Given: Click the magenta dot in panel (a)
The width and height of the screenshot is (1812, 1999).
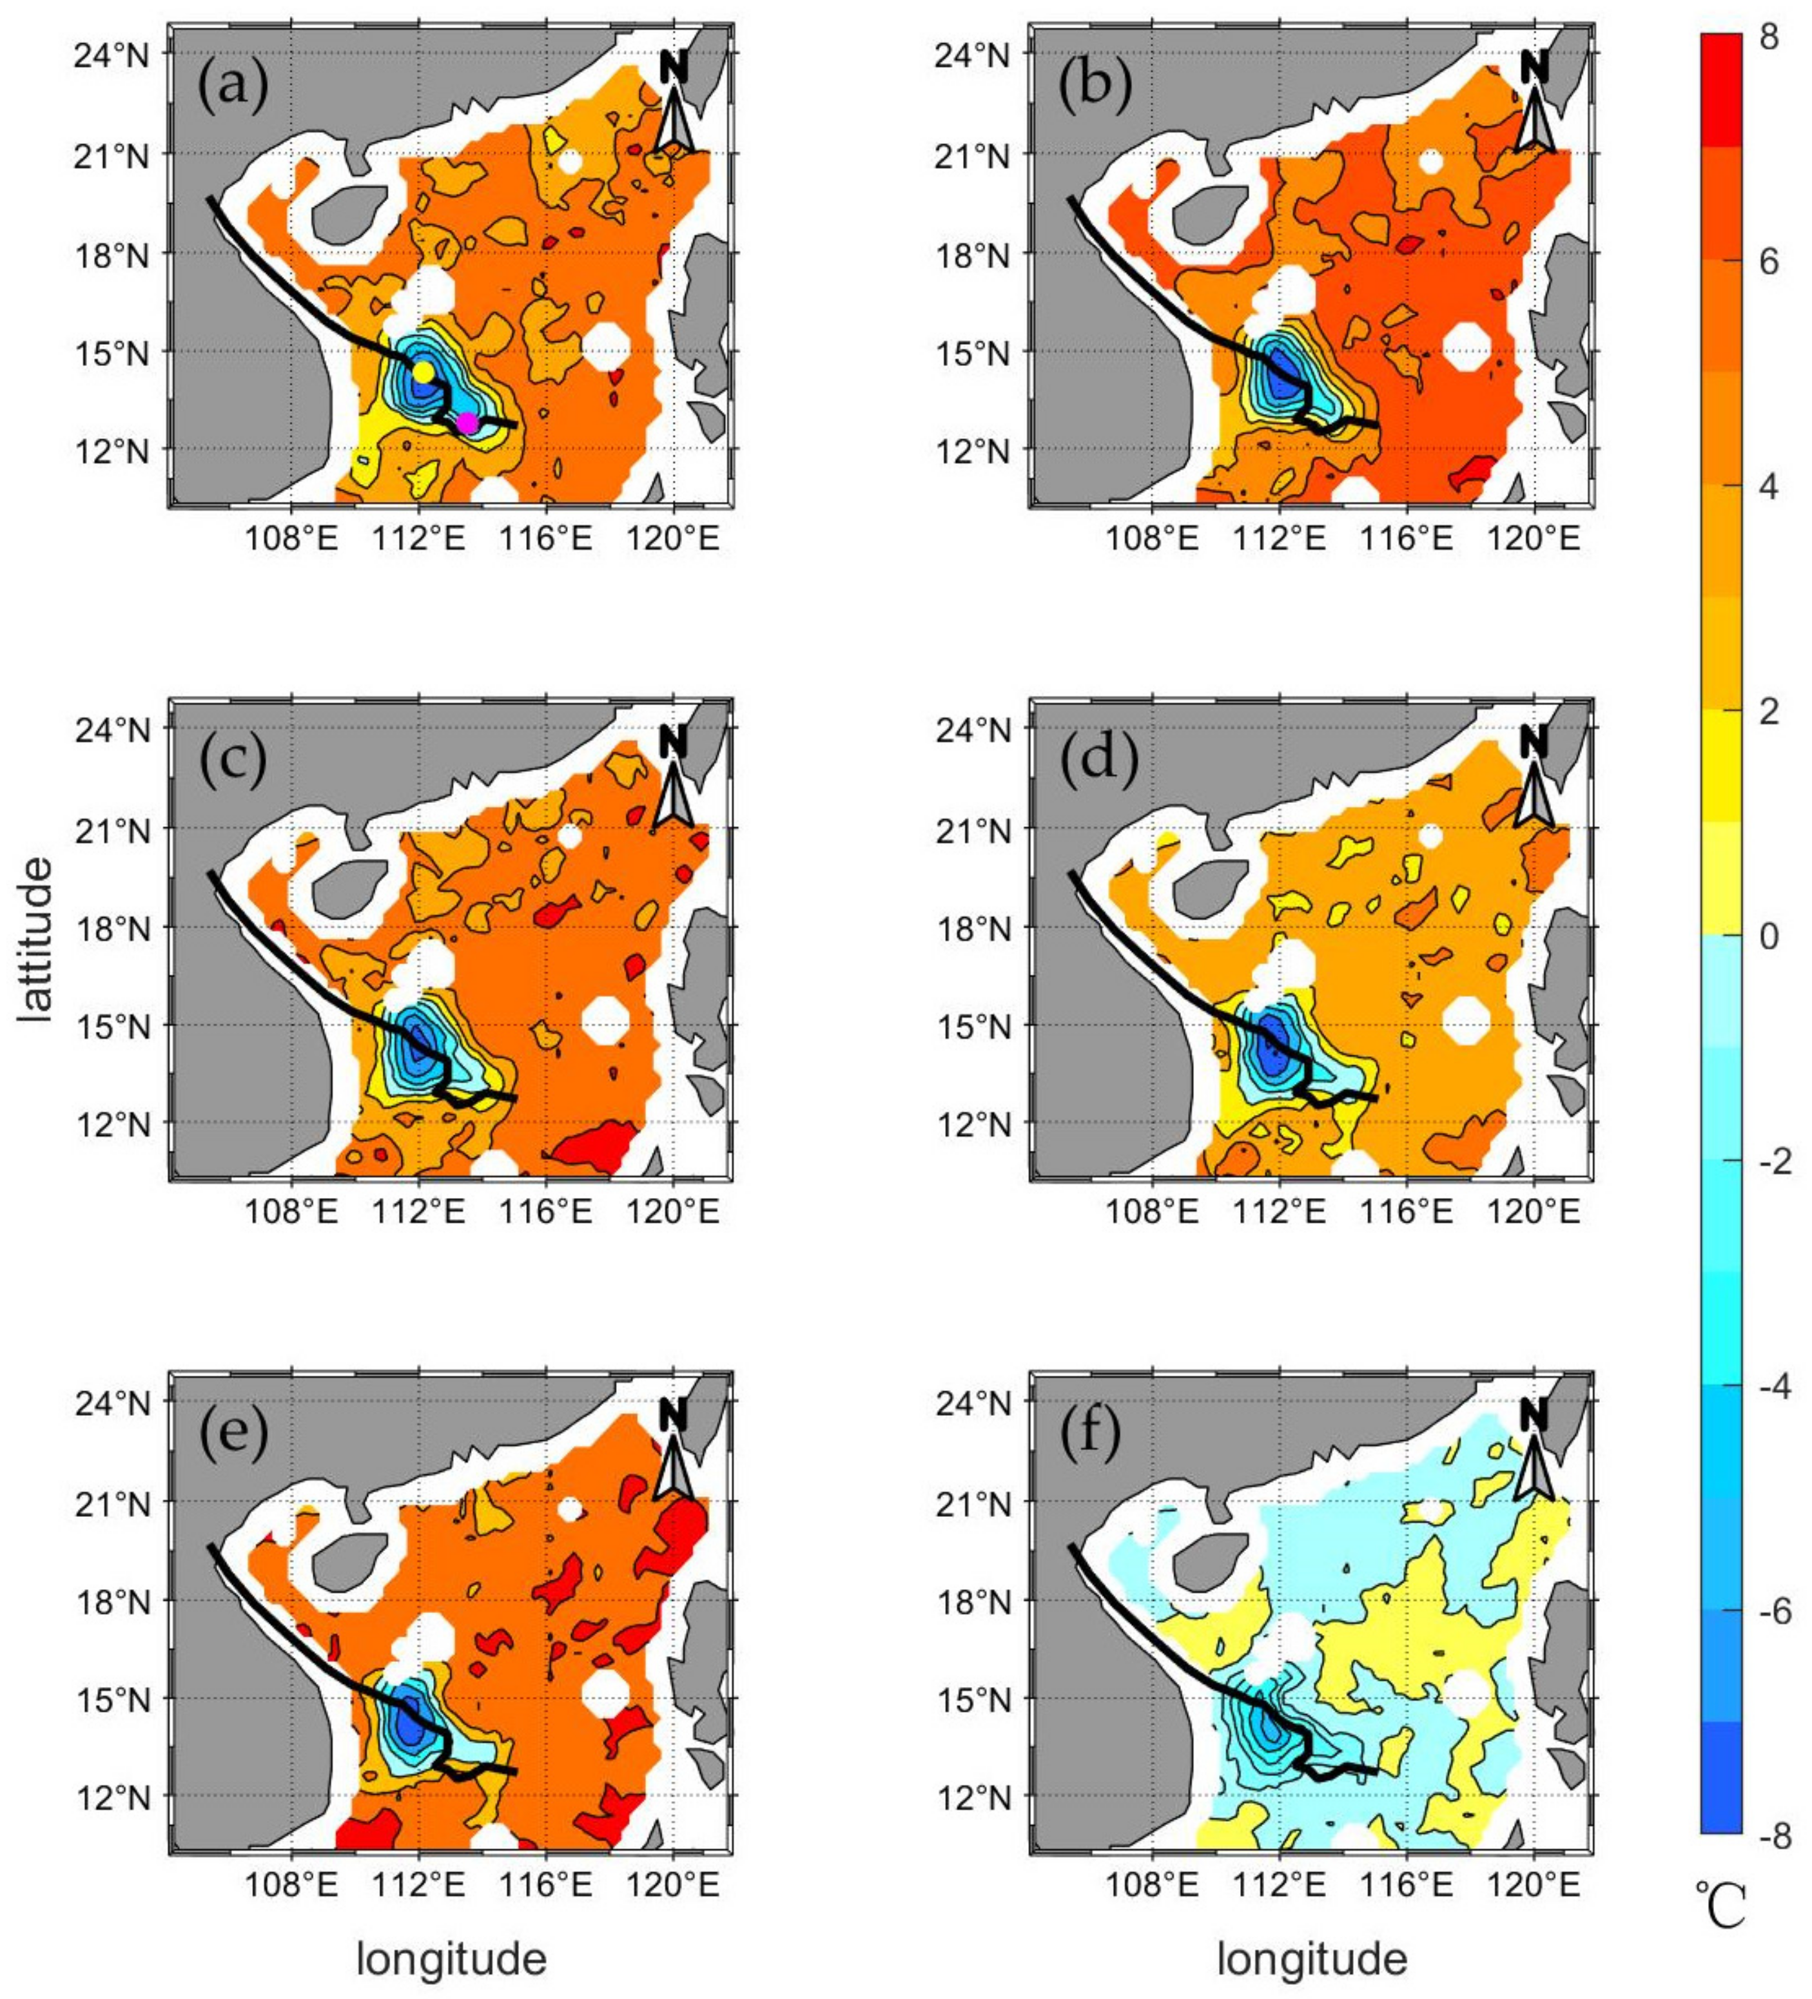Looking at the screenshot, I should [x=467, y=423].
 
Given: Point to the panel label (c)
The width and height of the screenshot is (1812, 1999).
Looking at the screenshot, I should [x=233, y=760].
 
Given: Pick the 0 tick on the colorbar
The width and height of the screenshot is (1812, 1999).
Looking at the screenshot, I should [x=1768, y=936].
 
